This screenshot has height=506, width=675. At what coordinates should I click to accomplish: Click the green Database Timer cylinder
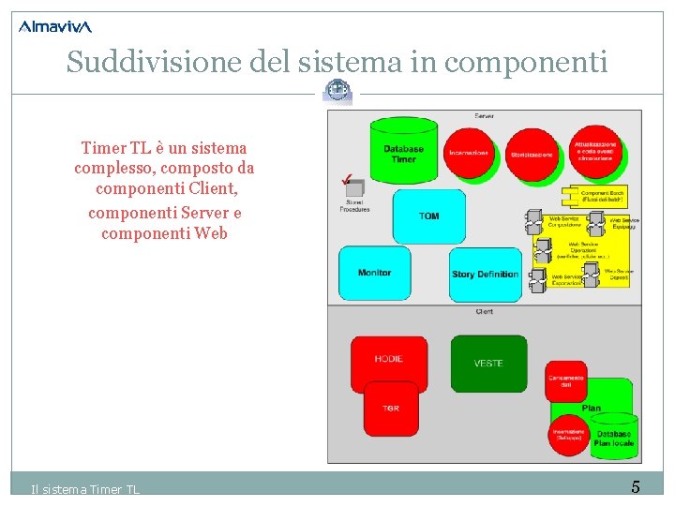pyautogui.click(x=403, y=151)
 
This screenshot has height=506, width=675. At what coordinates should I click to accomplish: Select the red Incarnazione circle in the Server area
pyautogui.click(x=469, y=153)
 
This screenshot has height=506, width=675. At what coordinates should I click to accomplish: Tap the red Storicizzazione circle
pyautogui.click(x=532, y=155)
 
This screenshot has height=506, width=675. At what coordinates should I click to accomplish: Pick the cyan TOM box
pyautogui.click(x=428, y=216)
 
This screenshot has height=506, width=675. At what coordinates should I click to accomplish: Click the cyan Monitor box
pyautogui.click(x=374, y=273)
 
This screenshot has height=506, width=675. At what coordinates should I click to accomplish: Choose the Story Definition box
pyautogui.click(x=485, y=275)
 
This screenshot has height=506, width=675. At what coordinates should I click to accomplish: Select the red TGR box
pyautogui.click(x=391, y=409)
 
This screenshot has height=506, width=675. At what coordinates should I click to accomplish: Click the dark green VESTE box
pyautogui.click(x=488, y=364)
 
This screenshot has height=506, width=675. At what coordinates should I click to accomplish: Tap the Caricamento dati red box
pyautogui.click(x=566, y=381)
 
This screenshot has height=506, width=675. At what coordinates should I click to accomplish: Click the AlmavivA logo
pyautogui.click(x=55, y=26)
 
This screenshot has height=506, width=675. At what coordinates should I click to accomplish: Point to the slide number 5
pyautogui.click(x=636, y=487)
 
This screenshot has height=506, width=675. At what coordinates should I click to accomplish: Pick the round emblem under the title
pyautogui.click(x=337, y=90)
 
